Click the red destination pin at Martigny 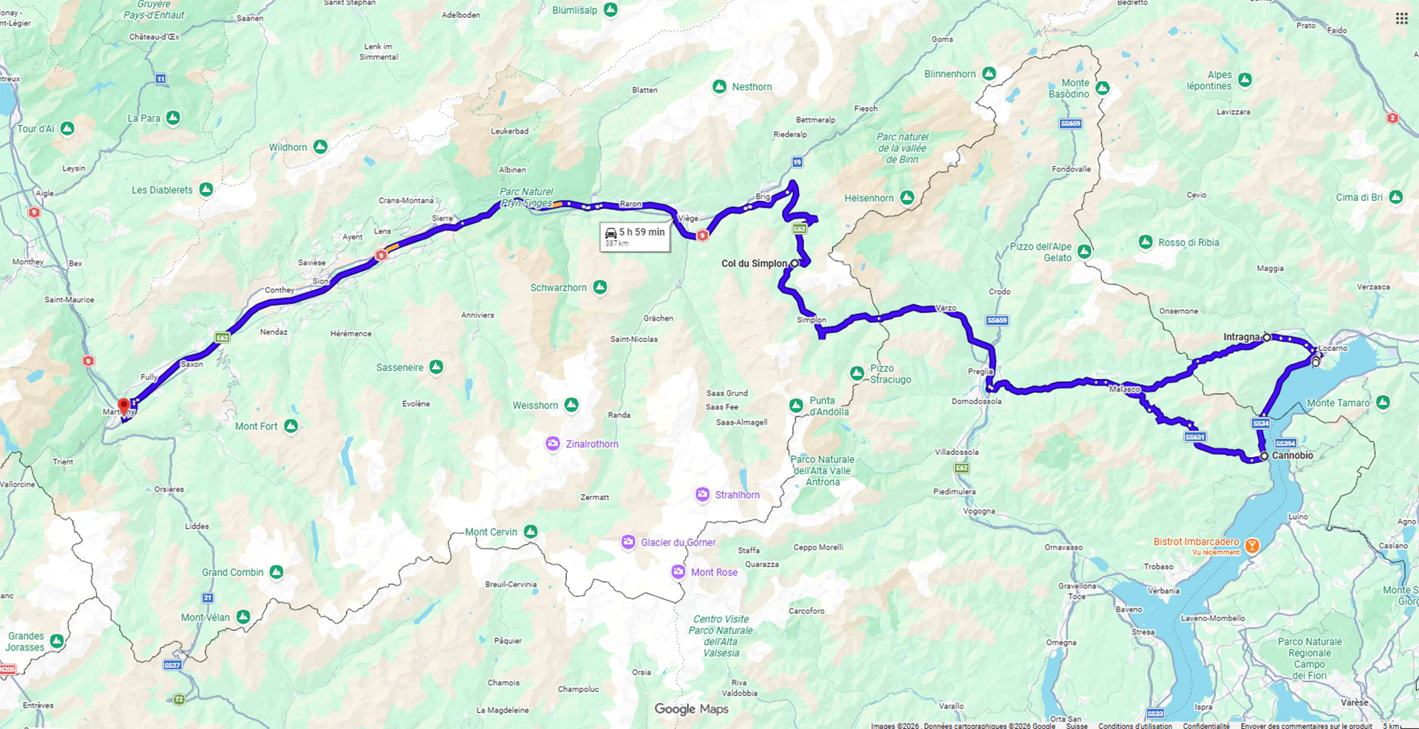tap(124, 405)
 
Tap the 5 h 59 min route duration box tap(635, 236)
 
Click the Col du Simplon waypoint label tap(755, 264)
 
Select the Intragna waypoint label tap(1242, 337)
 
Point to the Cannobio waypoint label tap(1293, 456)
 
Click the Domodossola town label tap(976, 401)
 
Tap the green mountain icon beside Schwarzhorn tap(600, 287)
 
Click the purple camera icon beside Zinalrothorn tap(553, 444)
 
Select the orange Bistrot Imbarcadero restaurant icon tap(1252, 547)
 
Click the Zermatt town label tap(594, 497)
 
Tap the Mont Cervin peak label tap(491, 532)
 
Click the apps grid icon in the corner tap(1401, 18)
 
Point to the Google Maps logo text tap(691, 709)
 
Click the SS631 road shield tap(1195, 437)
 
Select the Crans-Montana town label tap(406, 200)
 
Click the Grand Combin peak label tap(233, 572)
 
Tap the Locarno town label tap(1333, 348)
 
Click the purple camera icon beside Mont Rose tap(678, 572)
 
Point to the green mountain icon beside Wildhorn tap(320, 147)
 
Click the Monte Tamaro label tap(1338, 403)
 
